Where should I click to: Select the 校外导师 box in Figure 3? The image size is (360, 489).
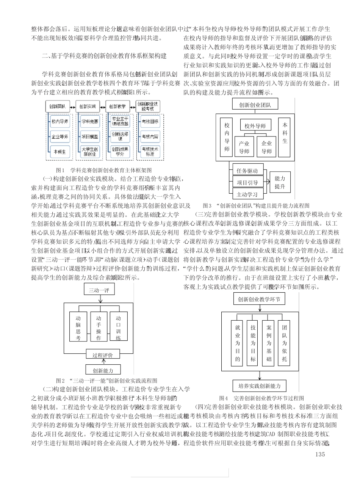coord(255,126)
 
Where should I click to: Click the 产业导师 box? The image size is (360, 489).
coord(244,147)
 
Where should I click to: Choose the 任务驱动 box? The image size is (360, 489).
coord(247,171)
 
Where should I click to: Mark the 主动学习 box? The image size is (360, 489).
coord(247,194)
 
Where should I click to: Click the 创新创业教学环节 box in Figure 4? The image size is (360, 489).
coord(259,299)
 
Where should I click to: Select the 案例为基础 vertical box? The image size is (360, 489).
coord(269,343)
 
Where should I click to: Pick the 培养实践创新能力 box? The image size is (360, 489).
coord(259,386)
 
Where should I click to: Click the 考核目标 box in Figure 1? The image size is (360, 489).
coord(150,122)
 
